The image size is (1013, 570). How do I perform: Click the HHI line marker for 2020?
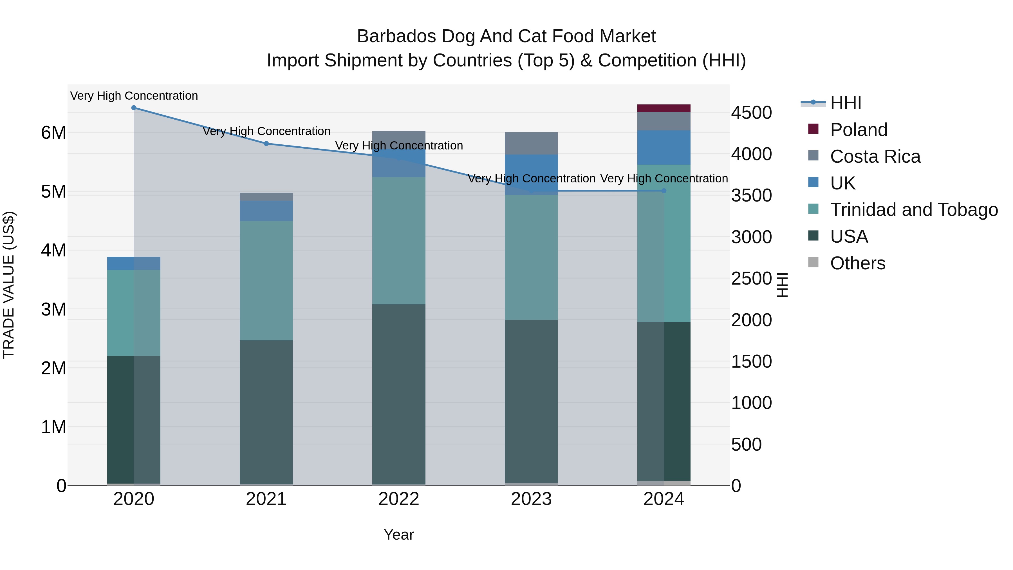(x=134, y=108)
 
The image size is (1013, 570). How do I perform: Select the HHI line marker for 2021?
(x=266, y=144)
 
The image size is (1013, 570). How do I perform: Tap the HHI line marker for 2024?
(x=664, y=191)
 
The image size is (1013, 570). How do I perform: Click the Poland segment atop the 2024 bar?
(x=664, y=108)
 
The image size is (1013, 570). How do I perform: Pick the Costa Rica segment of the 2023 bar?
(x=531, y=143)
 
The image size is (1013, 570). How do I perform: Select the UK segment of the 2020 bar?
(x=134, y=263)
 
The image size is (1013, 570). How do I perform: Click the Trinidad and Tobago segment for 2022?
(x=399, y=240)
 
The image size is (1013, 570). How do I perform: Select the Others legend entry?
(x=857, y=263)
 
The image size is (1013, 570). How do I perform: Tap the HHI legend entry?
(x=846, y=103)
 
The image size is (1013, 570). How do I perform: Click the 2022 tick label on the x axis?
(x=399, y=499)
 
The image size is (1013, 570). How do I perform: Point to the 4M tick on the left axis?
(x=53, y=251)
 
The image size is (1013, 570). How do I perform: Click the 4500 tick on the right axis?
(x=751, y=113)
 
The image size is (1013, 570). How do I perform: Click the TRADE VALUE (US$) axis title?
(x=9, y=285)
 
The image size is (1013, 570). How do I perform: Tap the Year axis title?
(x=399, y=535)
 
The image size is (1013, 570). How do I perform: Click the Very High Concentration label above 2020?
(x=134, y=96)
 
